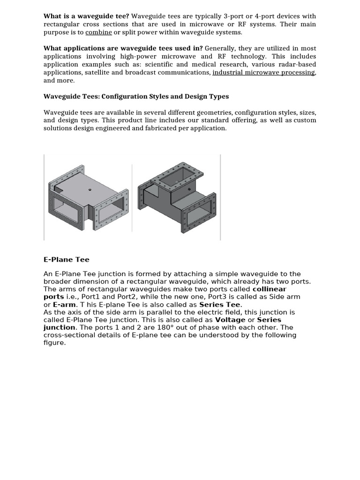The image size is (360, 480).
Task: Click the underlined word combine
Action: tap(98, 32)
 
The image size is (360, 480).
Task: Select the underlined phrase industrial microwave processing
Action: tap(263, 72)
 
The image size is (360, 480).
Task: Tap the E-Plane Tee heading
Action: tap(66, 259)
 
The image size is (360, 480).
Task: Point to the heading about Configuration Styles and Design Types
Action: tap(136, 96)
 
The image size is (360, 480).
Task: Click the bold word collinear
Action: tap(269, 289)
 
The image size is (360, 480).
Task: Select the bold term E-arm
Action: tap(64, 305)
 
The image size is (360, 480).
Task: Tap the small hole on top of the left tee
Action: tap(90, 190)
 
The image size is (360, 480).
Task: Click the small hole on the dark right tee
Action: tap(189, 189)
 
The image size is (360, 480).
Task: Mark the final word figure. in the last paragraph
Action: tap(55, 343)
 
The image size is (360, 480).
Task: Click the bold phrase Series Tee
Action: tap(220, 305)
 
